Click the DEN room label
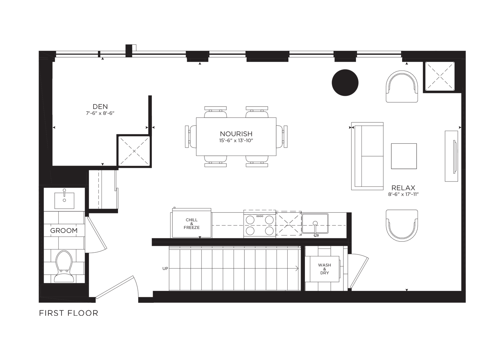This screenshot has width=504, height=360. (x=100, y=107)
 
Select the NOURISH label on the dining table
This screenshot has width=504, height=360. (x=236, y=134)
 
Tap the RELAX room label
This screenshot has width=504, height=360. (x=403, y=188)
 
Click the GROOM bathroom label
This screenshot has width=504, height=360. (x=64, y=230)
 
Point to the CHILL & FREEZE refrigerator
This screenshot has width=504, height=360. (x=192, y=223)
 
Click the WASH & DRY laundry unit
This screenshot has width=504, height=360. (x=325, y=269)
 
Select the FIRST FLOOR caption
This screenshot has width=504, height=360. (x=69, y=313)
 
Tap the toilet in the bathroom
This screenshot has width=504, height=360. (x=64, y=266)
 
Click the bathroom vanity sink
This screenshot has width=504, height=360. (x=64, y=200)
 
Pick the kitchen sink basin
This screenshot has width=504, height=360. (x=315, y=224)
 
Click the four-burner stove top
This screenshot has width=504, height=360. (x=260, y=224)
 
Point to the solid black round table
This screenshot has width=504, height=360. (x=345, y=82)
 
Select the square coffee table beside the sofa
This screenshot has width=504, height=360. (x=404, y=156)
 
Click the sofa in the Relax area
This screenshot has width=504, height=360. (x=367, y=156)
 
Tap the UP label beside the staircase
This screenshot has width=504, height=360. (x=165, y=269)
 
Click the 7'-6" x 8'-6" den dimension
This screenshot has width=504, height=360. (x=100, y=113)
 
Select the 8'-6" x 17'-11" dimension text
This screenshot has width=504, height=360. (x=403, y=194)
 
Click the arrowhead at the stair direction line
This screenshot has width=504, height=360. (x=297, y=269)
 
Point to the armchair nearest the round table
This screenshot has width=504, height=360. (x=402, y=86)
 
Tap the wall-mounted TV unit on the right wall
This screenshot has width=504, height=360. (x=451, y=156)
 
